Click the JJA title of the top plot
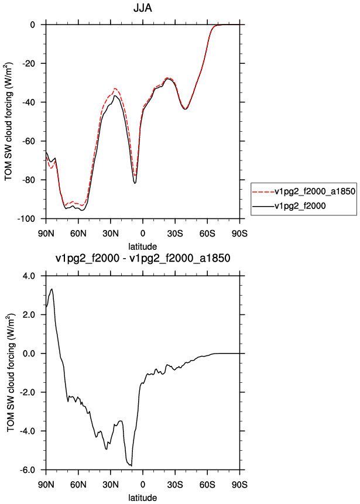pyautogui.click(x=143, y=8)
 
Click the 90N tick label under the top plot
pyautogui.click(x=46, y=233)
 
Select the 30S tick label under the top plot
pyautogui.click(x=175, y=233)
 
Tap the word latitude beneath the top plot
pyautogui.click(x=143, y=246)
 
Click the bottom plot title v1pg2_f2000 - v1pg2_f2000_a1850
pyautogui.click(x=143, y=258)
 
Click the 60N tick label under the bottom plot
pyautogui.click(x=78, y=484)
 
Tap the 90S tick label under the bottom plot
pyautogui.click(x=239, y=484)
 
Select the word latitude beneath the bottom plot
pyautogui.click(x=143, y=498)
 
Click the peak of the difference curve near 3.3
pyautogui.click(x=52, y=289)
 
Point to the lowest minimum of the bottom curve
pyautogui.click(x=132, y=466)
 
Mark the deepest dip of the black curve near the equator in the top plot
pyautogui.click(x=135, y=183)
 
